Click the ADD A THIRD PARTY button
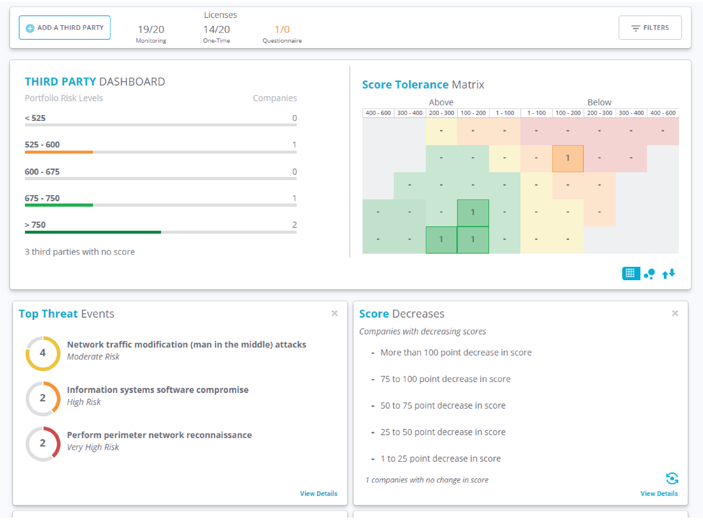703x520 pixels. (x=65, y=28)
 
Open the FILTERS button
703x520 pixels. (x=650, y=28)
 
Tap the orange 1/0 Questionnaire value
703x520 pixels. (x=282, y=30)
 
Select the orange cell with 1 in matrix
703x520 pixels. (x=568, y=158)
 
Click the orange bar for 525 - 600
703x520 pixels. (x=59, y=152)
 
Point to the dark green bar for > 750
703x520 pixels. (x=93, y=232)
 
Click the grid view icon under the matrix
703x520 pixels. (x=631, y=273)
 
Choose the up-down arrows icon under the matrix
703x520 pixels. (x=669, y=274)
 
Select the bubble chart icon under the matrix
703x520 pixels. (x=649, y=274)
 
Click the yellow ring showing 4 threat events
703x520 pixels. (x=43, y=353)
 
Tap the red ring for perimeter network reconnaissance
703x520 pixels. (x=43, y=444)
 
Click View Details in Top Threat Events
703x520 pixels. (x=319, y=493)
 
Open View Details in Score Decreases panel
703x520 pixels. (x=659, y=493)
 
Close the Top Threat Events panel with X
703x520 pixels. (x=334, y=313)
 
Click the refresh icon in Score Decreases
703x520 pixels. (x=672, y=479)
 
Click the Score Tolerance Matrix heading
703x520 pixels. (x=423, y=85)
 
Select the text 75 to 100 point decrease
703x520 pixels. (x=445, y=379)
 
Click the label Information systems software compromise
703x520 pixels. (x=158, y=390)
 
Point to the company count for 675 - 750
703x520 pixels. (x=294, y=198)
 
